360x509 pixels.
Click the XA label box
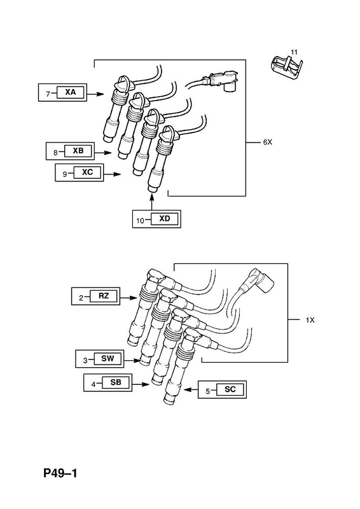[x=71, y=92]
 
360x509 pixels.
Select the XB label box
[x=78, y=151]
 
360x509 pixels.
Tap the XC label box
[x=88, y=172]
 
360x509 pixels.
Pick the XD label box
[x=165, y=219]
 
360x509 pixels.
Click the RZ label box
[x=104, y=296]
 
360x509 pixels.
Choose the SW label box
[x=107, y=359]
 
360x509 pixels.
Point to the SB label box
[x=116, y=382]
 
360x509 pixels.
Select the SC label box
[x=230, y=389]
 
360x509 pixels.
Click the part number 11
[x=294, y=52]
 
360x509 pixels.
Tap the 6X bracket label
[x=268, y=142]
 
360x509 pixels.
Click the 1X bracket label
[x=310, y=320]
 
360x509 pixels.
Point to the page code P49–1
[x=60, y=473]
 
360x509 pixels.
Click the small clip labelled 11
[x=286, y=67]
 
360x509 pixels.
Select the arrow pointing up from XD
[x=151, y=202]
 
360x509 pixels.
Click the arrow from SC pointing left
[x=191, y=389]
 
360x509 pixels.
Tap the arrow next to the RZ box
[x=128, y=298]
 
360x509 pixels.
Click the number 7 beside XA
[x=48, y=94]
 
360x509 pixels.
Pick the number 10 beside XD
[x=140, y=221]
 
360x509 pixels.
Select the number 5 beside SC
[x=208, y=391]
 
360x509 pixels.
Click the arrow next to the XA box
[x=95, y=94]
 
